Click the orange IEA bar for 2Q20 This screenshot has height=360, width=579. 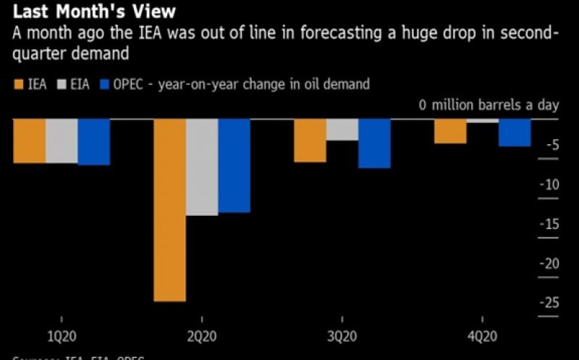169,209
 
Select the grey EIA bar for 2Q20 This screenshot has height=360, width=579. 202,167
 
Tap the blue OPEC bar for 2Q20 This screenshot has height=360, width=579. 234,165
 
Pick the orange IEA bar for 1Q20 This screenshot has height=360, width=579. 30,141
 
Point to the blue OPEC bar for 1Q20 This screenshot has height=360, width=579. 93,142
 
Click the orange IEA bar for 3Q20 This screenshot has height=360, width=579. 309,140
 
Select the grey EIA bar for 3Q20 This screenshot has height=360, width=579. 342,130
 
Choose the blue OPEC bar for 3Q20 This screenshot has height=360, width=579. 374,143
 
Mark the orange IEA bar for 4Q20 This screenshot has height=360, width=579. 450,131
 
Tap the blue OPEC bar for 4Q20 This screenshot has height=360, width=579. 515,133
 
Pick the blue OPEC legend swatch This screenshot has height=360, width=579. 104,85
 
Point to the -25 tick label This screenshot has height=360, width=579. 550,302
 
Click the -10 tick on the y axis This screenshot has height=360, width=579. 550,185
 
